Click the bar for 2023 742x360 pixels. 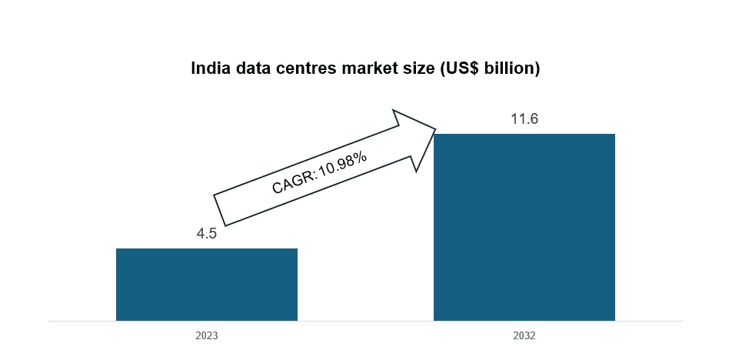tap(206, 284)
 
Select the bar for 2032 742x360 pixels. tap(524, 227)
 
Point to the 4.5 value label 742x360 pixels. tap(207, 234)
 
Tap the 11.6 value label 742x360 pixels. tap(524, 119)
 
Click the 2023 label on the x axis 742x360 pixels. tap(206, 336)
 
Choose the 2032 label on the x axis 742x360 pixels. tap(524, 336)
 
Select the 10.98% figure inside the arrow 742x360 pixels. tap(342, 165)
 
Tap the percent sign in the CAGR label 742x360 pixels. tap(361, 157)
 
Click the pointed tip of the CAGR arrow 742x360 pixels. tap(435, 129)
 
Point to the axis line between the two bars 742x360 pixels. tap(365, 321)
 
